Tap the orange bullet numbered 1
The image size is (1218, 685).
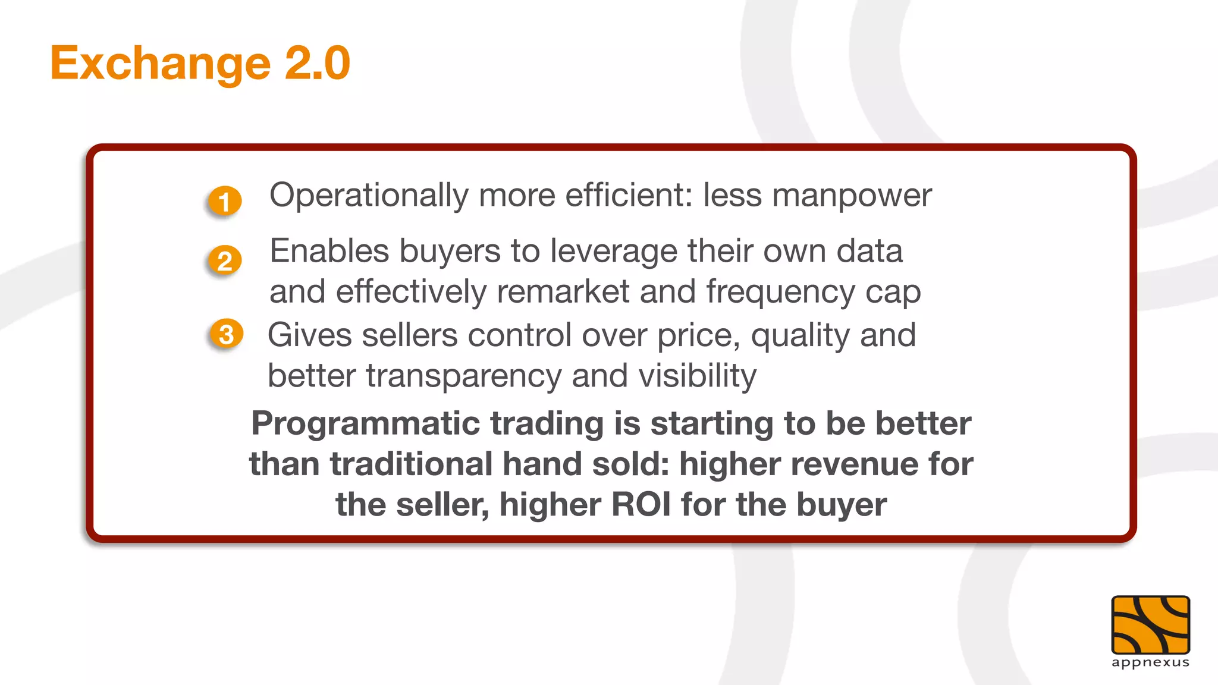[x=225, y=202]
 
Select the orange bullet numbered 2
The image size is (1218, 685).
[x=225, y=260]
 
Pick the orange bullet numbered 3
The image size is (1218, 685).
[x=227, y=334]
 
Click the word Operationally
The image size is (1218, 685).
[x=369, y=196]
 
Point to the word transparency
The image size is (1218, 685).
[x=463, y=376]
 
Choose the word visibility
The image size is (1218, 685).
[x=697, y=376]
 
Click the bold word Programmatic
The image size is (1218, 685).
[x=365, y=424]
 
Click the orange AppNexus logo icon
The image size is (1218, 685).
[x=1150, y=625]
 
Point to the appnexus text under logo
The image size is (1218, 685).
[x=1150, y=662]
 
